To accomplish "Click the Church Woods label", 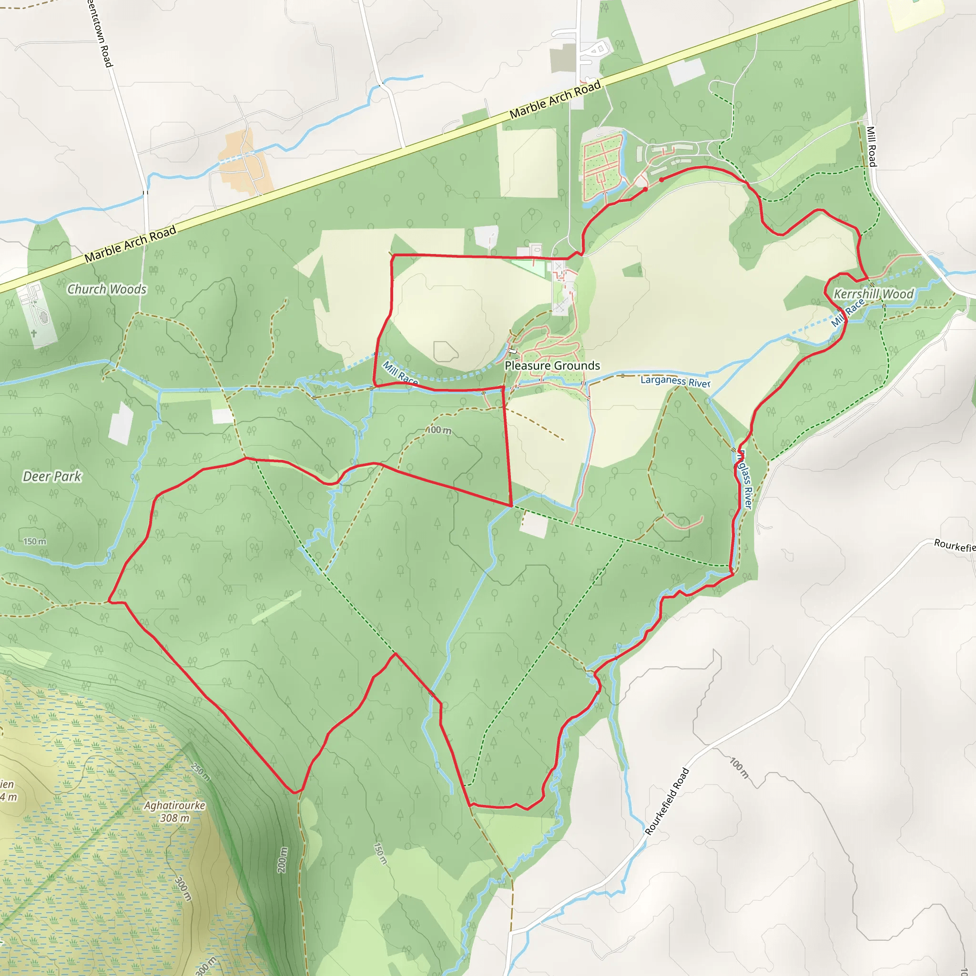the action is tap(107, 289).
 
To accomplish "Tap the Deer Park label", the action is tap(52, 477).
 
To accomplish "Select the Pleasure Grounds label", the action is tap(552, 366).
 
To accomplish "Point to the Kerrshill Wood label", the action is tap(874, 294).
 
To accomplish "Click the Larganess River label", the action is tap(675, 381).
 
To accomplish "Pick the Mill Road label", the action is tap(872, 146).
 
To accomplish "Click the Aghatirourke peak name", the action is tap(175, 805).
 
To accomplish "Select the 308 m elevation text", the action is tap(175, 818).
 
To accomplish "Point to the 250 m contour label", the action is tap(201, 772).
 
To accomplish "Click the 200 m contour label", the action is tap(283, 860).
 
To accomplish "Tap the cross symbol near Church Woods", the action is tap(34, 334).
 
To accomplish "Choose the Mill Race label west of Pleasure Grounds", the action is tap(400, 373).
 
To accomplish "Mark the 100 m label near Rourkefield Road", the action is tap(739, 768).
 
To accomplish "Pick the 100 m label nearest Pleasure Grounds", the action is tap(439, 430).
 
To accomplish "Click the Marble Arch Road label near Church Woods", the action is tap(130, 244).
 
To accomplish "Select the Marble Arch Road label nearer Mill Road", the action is tap(555, 100).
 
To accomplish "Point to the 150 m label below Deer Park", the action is tap(34, 541).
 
